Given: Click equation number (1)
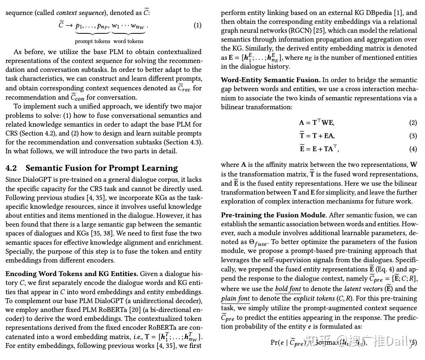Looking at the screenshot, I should tap(197, 25).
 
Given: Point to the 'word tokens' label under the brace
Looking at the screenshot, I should tap(128, 41).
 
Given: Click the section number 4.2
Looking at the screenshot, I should tap(11, 168).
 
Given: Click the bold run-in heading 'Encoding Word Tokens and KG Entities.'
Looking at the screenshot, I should tap(72, 274).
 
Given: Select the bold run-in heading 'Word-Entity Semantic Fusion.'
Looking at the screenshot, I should tap(270, 80).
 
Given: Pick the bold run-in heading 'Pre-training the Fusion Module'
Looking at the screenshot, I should tap(273, 215).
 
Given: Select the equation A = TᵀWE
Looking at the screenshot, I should tap(316, 123).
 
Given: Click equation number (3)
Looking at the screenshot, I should tap(413, 136).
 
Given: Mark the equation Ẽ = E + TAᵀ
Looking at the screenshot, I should tap(319, 149).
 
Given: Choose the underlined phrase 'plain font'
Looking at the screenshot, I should tap(235, 298).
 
